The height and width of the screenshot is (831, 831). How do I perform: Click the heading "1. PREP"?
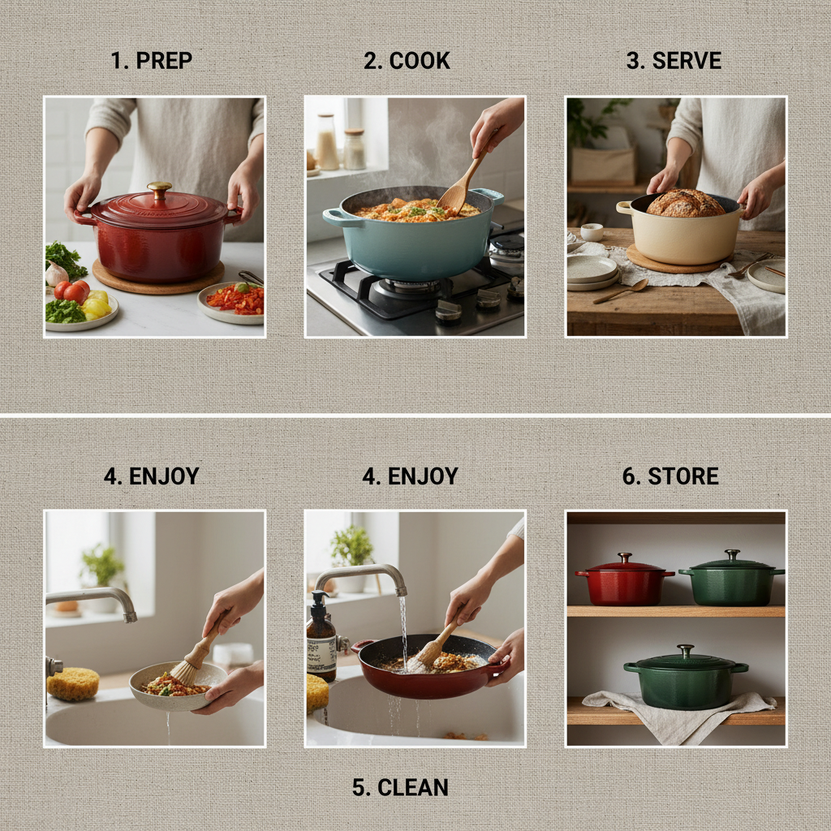[152, 61]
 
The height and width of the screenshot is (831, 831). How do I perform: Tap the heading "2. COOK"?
[407, 61]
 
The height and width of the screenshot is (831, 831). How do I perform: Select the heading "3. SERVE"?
[674, 61]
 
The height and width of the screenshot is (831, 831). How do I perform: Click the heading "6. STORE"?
[670, 476]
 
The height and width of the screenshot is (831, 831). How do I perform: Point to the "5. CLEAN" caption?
[400, 787]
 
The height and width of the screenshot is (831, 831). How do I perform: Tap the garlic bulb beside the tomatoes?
[56, 275]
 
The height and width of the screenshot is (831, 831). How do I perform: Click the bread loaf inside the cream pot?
[686, 204]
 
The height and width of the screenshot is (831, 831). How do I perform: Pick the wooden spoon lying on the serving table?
[620, 291]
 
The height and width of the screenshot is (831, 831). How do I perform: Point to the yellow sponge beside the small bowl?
[73, 683]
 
